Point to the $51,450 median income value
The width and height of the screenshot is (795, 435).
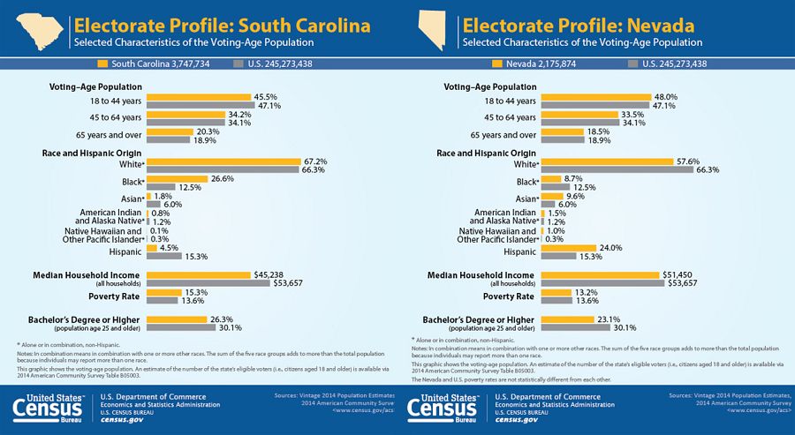point(678,274)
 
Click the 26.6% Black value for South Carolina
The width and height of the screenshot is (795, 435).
point(221,178)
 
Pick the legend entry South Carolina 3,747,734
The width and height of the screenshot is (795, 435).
point(159,64)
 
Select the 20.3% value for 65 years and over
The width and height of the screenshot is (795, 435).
point(207,131)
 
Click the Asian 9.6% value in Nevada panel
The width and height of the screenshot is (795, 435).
point(575,196)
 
